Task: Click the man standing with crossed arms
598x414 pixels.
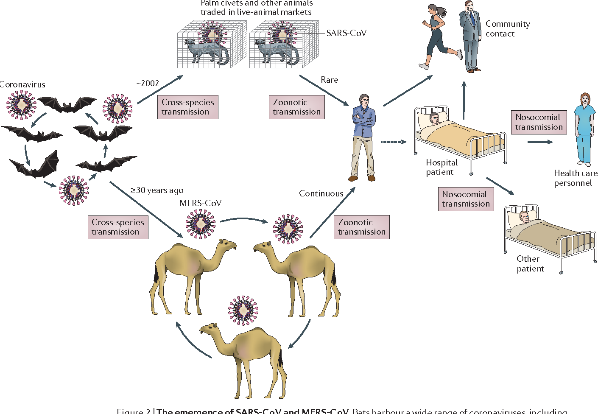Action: (363, 136)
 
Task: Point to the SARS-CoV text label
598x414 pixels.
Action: (346, 33)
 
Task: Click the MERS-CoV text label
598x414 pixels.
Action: (200, 203)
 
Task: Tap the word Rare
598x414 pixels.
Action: (329, 80)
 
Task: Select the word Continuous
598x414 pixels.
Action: (321, 193)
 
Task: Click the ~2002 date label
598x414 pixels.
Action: (148, 83)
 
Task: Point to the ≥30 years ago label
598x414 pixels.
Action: (157, 190)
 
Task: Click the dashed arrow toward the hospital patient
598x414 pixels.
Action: (393, 142)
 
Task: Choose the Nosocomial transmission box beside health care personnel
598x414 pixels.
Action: (539, 122)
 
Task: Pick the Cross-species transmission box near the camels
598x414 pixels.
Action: (118, 227)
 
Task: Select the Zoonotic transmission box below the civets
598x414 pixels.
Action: (296, 107)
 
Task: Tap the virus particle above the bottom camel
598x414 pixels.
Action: (243, 310)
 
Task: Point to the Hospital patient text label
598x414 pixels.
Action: (441, 167)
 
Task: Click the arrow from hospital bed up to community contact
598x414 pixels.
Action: (464, 100)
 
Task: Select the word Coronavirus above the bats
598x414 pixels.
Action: (22, 84)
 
